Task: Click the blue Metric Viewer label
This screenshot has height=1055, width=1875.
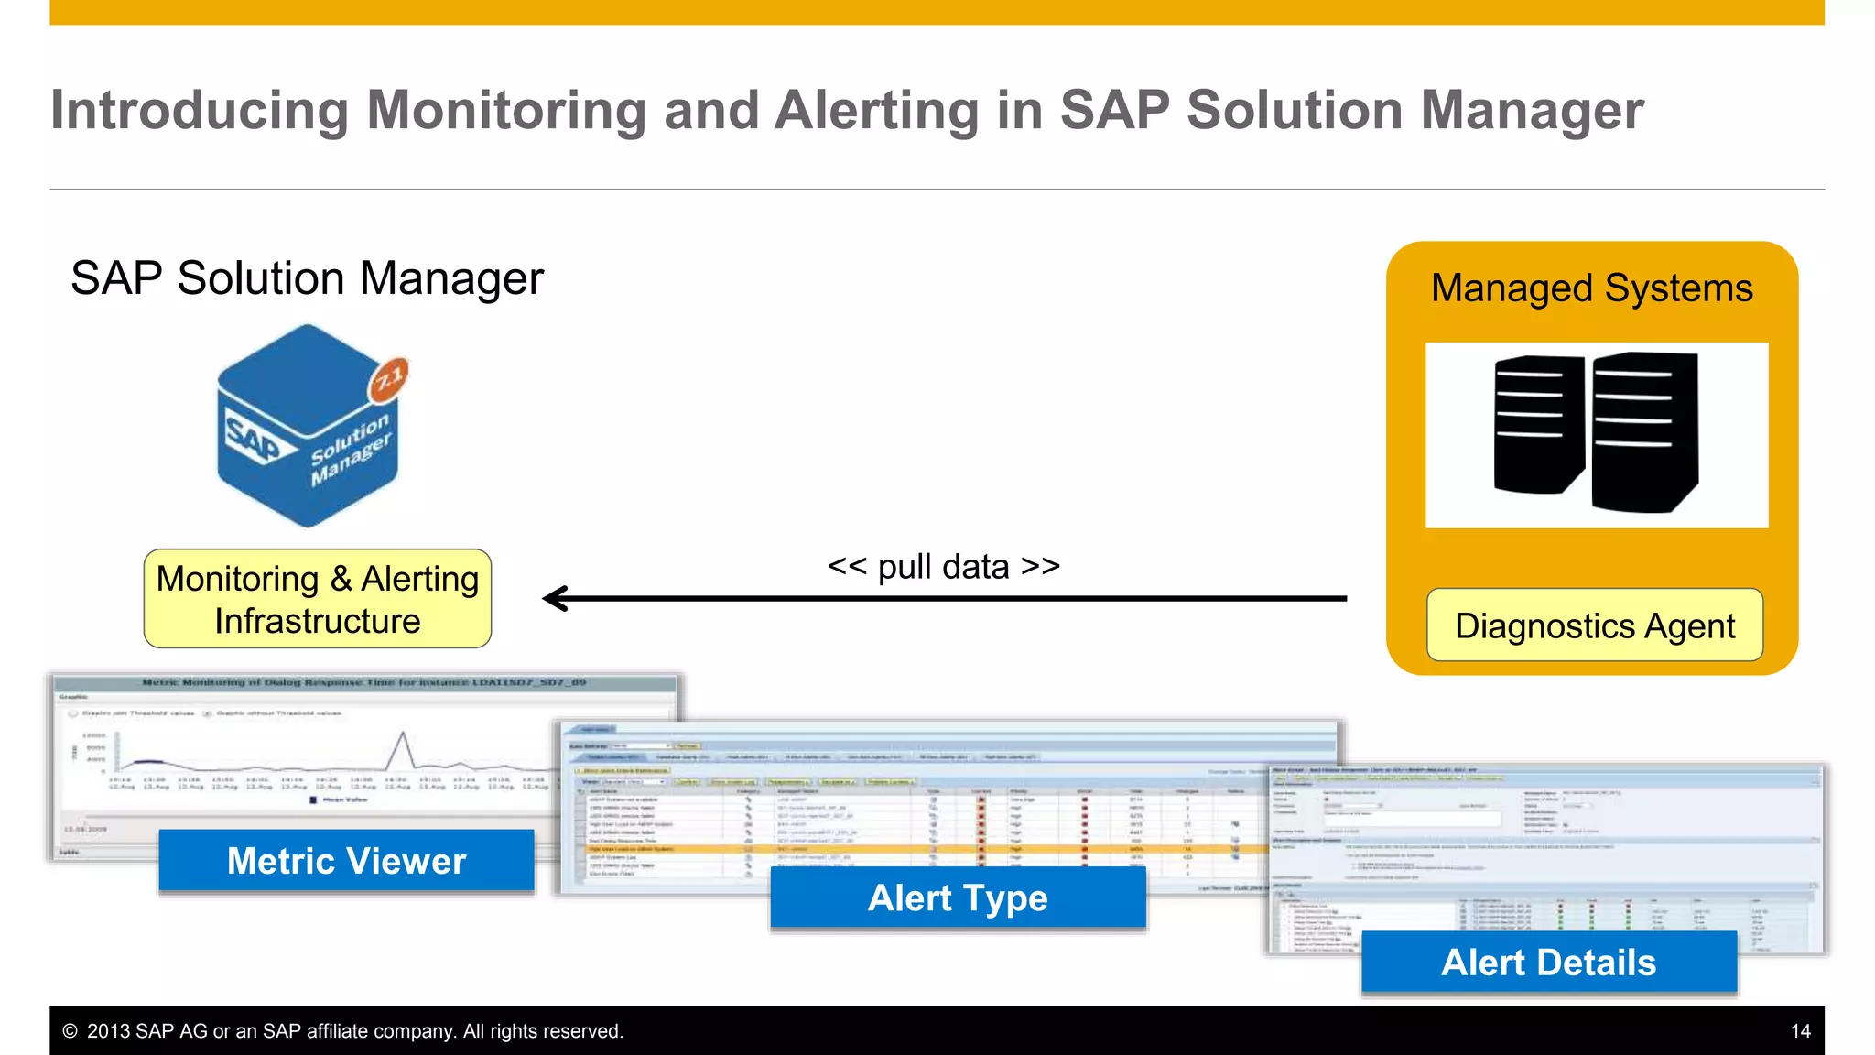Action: tap(346, 861)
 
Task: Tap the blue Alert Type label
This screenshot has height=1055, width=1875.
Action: tap(958, 898)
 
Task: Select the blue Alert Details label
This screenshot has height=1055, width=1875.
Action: tap(1548, 963)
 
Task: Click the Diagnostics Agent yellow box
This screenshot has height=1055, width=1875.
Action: tap(1594, 625)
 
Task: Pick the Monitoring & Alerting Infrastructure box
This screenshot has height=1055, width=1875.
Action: tap(317, 599)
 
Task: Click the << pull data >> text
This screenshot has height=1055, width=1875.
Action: tap(943, 567)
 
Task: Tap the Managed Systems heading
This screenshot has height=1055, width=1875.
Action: tap(1591, 288)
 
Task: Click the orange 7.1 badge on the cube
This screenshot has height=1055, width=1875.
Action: tap(389, 378)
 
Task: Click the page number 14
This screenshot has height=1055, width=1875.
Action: tap(1800, 1031)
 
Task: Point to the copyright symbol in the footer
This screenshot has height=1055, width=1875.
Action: tap(70, 1031)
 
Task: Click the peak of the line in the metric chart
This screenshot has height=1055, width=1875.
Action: tap(401, 734)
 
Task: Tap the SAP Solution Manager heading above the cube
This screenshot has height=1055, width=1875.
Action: tap(307, 278)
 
